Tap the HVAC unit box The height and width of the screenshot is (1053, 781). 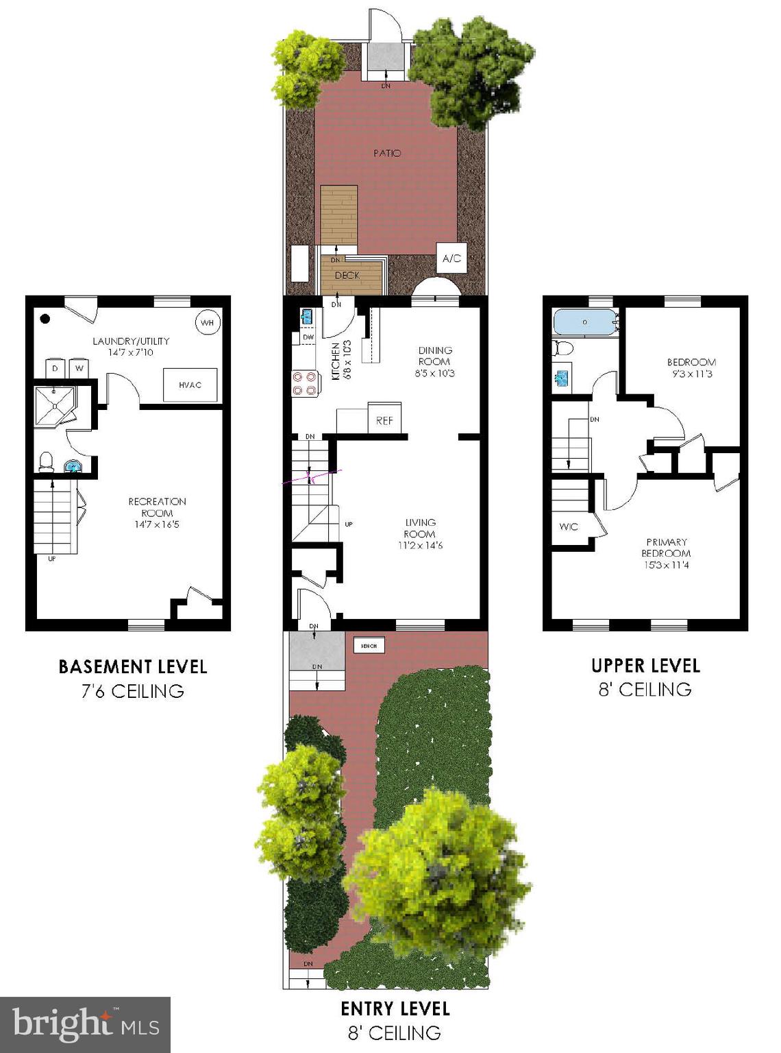point(190,385)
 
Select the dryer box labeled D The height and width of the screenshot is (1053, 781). point(55,368)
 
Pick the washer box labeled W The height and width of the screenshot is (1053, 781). point(79,368)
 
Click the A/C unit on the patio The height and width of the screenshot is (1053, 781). point(452,258)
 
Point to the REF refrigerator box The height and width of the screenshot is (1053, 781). point(384,419)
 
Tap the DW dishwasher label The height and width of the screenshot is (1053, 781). point(308,337)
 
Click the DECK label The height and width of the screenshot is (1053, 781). point(347,276)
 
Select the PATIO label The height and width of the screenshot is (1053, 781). point(387,153)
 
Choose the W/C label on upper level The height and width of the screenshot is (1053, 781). point(569,526)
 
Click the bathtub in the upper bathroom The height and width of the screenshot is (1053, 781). point(586,322)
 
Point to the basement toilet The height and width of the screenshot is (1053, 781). point(47,461)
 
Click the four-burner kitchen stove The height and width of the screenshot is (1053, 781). point(305,383)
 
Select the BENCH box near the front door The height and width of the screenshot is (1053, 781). point(369,645)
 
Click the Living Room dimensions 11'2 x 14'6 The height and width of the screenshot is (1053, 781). point(420,546)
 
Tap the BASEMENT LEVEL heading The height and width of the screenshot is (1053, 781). point(133,666)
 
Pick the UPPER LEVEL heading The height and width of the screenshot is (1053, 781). point(645,666)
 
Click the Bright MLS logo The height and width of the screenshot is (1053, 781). point(86,1024)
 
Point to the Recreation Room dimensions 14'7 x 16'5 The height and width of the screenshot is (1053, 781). point(157,525)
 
